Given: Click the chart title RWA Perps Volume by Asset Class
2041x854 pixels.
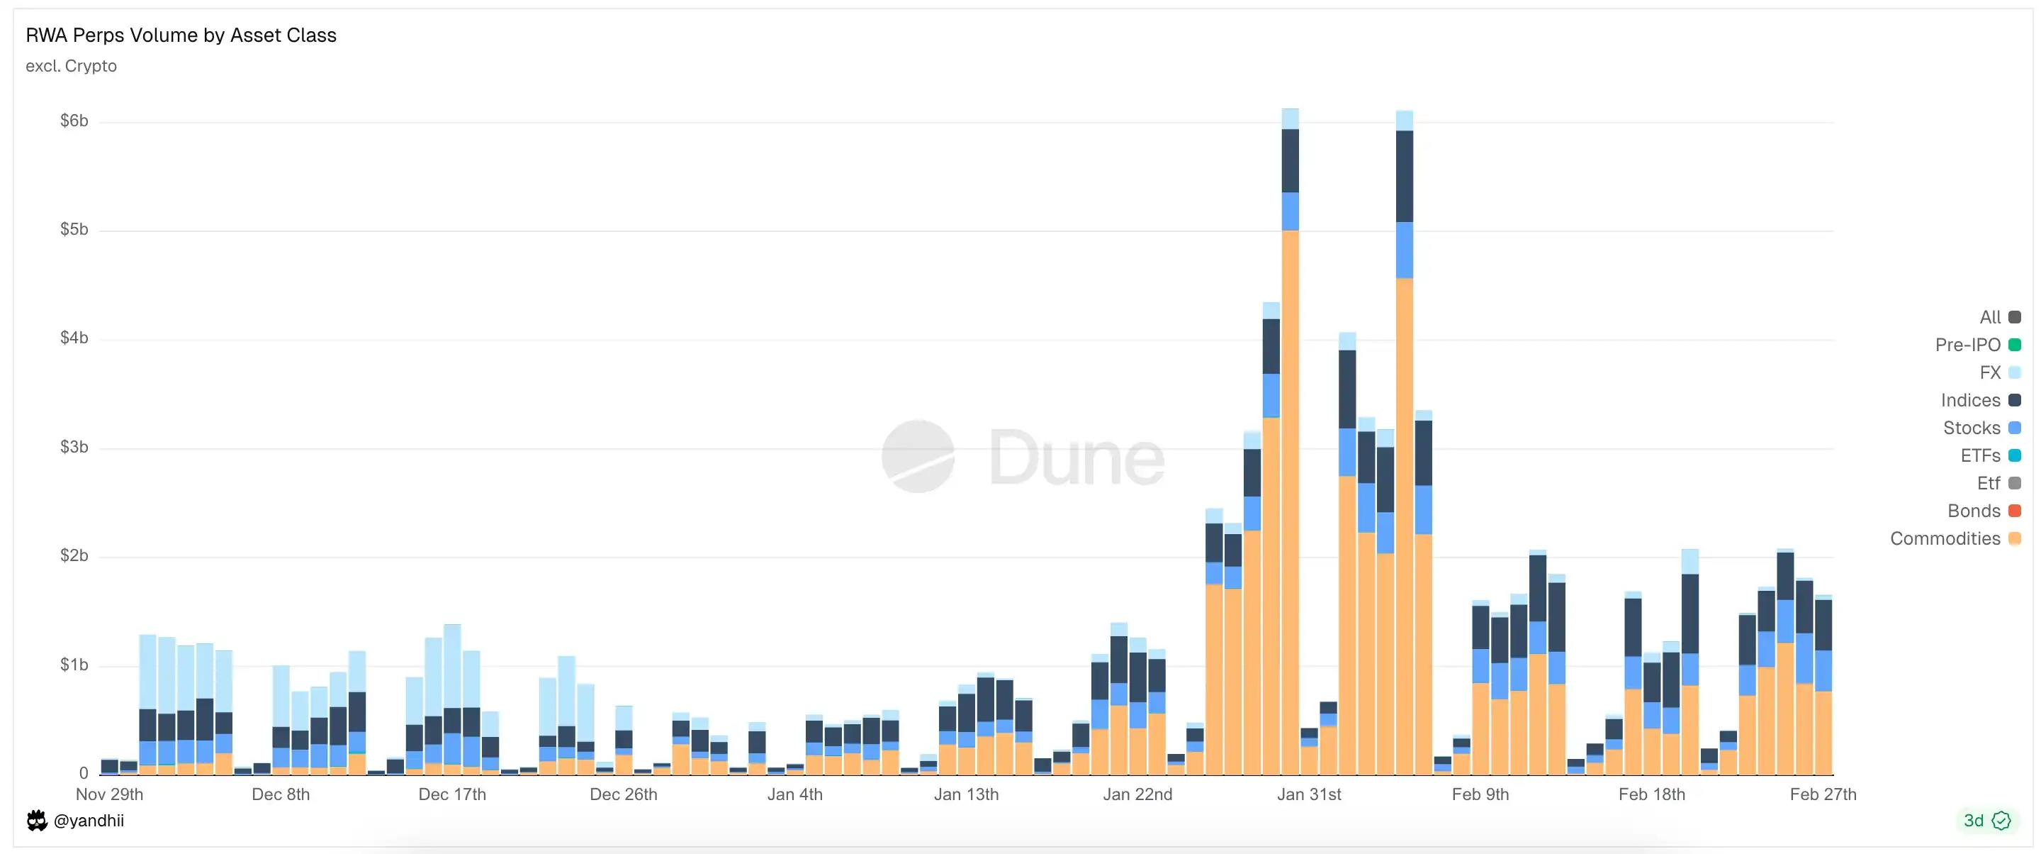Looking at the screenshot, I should [x=181, y=35].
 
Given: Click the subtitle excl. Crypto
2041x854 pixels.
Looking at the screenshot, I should [x=71, y=67].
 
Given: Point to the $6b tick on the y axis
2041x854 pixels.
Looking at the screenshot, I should [x=74, y=121].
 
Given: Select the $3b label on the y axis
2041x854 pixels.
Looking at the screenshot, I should [x=74, y=448].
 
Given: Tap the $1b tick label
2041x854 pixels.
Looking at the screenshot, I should [x=74, y=665].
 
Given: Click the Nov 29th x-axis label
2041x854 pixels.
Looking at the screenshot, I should [x=109, y=794].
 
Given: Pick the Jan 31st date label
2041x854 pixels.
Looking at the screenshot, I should [x=1309, y=794].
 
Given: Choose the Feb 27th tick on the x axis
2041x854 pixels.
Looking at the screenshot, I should [x=1822, y=794].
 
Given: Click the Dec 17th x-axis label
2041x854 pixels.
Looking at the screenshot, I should [x=451, y=794].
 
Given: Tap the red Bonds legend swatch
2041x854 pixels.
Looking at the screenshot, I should [x=2015, y=511].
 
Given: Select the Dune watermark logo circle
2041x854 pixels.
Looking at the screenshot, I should [x=918, y=456].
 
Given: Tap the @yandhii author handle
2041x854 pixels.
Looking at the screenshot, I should [x=88, y=821].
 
